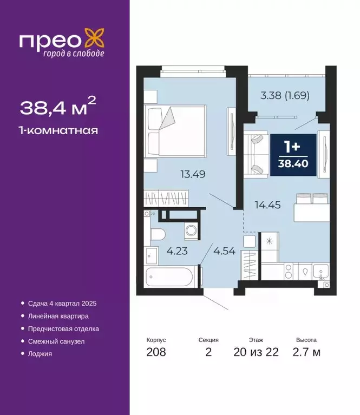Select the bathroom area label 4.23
pos(177,251)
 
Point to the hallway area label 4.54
pos(224,251)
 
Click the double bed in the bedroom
pos(175,132)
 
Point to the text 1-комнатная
pos(59,130)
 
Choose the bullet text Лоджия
pos(40,353)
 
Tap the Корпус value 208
pos(156,352)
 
